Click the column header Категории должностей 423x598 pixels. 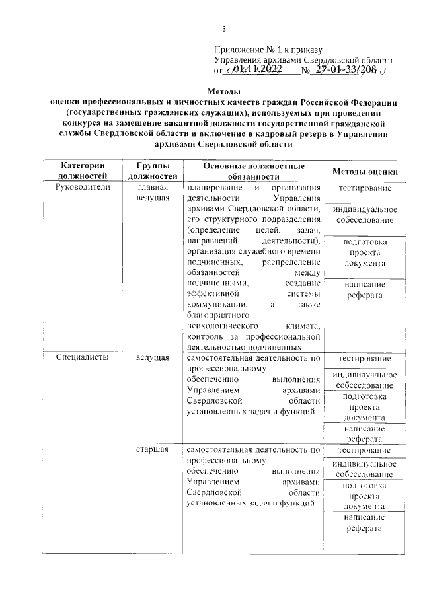click(x=83, y=170)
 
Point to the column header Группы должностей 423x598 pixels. click(x=152, y=170)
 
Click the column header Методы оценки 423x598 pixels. click(x=365, y=172)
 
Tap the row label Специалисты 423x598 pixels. click(x=80, y=357)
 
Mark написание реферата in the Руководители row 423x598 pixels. click(x=365, y=289)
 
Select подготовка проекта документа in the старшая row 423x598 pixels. click(x=365, y=496)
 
